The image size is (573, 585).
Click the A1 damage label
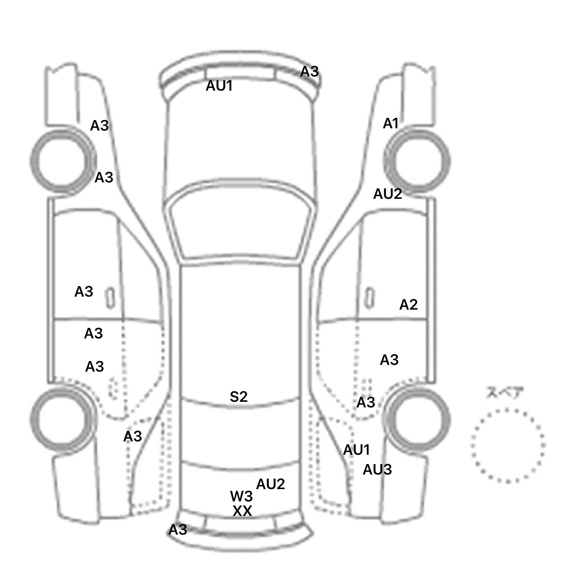tap(391, 123)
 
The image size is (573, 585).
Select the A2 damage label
tap(408, 305)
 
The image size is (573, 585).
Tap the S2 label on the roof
tap(238, 397)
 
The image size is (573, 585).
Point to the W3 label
tap(241, 496)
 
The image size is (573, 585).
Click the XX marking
tap(242, 511)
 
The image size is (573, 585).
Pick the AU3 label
tap(377, 470)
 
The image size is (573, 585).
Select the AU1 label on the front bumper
tap(219, 86)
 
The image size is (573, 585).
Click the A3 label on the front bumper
tap(309, 71)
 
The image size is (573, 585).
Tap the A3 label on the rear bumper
tap(178, 529)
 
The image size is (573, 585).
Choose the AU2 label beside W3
tap(270, 484)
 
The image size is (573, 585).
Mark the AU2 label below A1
tap(388, 194)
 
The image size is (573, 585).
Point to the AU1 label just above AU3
tap(356, 450)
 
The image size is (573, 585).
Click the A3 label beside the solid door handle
tap(84, 291)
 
